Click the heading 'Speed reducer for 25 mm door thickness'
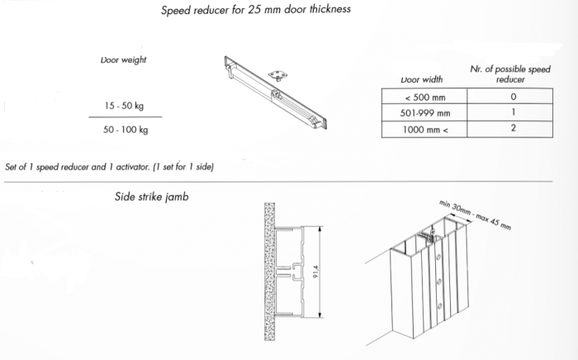point(256,10)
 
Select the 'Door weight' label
point(124,59)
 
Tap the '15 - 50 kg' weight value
point(124,106)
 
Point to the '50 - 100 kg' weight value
point(126,130)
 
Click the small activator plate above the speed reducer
point(277,75)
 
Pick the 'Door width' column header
point(422,79)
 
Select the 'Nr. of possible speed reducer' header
point(510,74)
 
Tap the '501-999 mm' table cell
point(425,113)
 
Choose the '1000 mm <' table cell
point(425,130)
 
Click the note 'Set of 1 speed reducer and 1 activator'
point(109,167)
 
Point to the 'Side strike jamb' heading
point(151,197)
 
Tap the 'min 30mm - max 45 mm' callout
point(475,215)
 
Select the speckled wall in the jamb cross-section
point(269,272)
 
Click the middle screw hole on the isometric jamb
point(439,282)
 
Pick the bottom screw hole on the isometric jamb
point(439,306)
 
